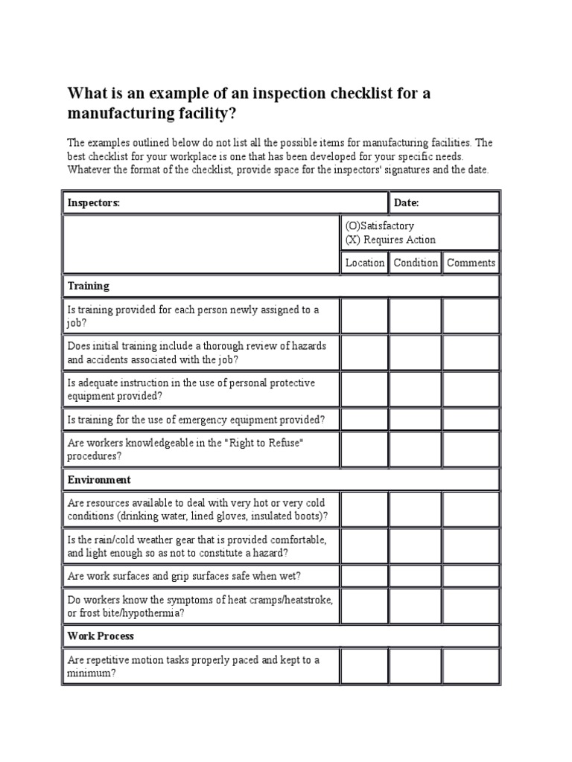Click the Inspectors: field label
tap(94, 202)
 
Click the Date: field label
tap(407, 202)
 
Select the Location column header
tap(365, 263)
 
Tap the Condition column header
tap(416, 263)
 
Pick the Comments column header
tap(471, 263)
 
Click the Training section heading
tap(89, 286)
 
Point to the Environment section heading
tap(99, 480)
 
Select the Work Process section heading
tap(101, 636)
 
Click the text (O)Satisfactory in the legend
tap(380, 225)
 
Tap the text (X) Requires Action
tap(390, 240)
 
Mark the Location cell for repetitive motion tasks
tap(365, 666)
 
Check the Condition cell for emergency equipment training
tap(416, 420)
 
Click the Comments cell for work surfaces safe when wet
tap(471, 575)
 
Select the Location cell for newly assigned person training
tap(365, 316)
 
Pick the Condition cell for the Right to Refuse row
tap(416, 449)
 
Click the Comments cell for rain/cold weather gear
tap(471, 545)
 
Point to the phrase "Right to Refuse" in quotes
tap(267, 443)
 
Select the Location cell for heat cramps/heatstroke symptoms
tap(365, 606)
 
